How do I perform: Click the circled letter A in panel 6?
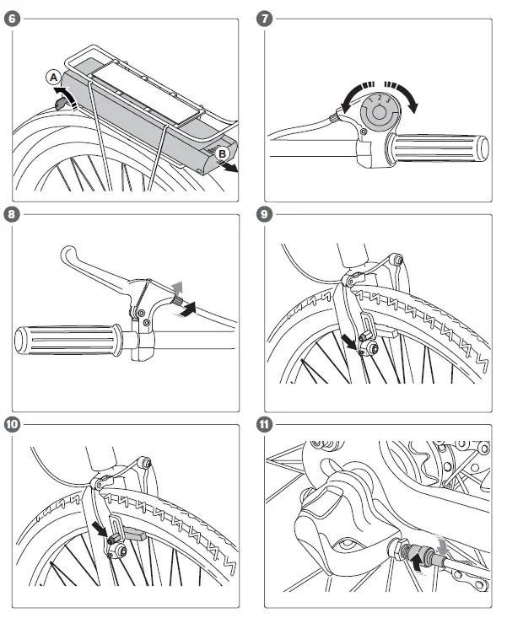pyautogui.click(x=53, y=78)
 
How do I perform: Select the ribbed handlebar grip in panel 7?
pyautogui.click(x=437, y=148)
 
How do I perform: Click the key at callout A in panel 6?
pyautogui.click(x=61, y=101)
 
